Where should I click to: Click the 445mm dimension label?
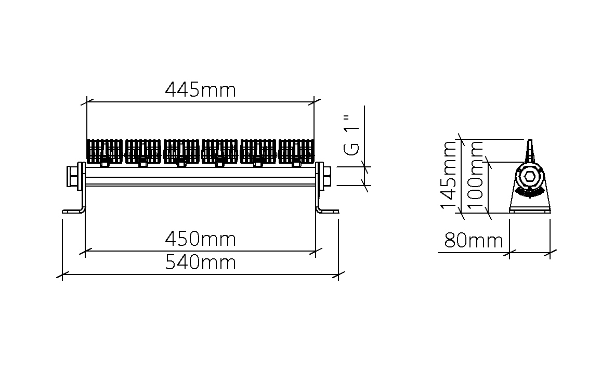pos(201,90)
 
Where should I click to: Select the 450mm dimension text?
pos(201,239)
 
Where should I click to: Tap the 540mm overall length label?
pos(201,262)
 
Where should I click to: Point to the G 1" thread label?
pos(351,135)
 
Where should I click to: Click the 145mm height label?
pos(448,175)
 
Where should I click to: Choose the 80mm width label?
pos(474,240)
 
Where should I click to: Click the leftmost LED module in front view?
pos(104,151)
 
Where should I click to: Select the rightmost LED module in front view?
pos(296,151)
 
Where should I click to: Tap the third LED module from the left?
pos(181,151)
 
